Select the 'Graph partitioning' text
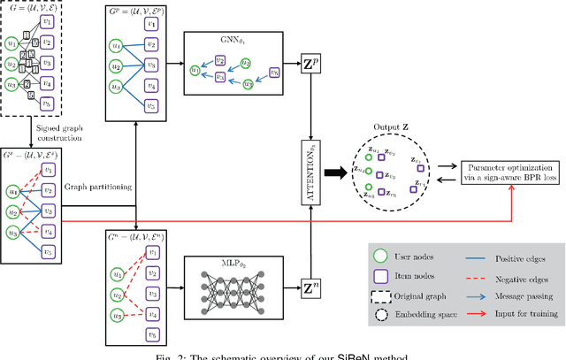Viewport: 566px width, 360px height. click(95, 188)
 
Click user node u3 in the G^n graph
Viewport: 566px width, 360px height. click(117, 315)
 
